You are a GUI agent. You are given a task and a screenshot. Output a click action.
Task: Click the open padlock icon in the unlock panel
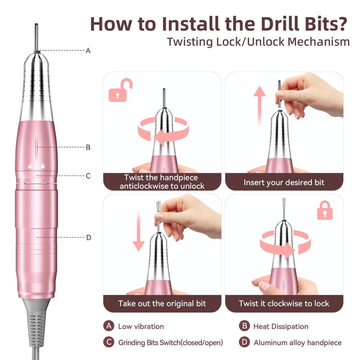[x=119, y=91]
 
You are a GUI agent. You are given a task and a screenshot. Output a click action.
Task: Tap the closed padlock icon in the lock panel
[x=324, y=210]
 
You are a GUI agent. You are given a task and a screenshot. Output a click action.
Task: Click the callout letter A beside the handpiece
[x=88, y=51]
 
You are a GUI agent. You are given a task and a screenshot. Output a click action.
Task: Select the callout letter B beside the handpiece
[x=88, y=148]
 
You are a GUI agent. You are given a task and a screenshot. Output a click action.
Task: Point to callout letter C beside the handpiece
[x=88, y=176]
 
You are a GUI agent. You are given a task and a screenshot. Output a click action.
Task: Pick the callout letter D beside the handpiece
[x=89, y=238]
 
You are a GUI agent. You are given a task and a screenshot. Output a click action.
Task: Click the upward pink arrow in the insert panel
[x=260, y=106]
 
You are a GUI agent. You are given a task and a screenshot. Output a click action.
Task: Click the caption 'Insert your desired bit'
[x=284, y=183]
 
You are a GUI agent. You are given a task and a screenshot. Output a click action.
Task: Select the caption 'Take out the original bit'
[x=162, y=303]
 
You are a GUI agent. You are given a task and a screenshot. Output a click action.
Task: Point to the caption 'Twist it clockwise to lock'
[x=284, y=303]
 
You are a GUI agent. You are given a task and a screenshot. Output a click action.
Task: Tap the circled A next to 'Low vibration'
[x=109, y=326]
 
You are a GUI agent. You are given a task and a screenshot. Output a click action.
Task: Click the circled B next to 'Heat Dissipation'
[x=244, y=326]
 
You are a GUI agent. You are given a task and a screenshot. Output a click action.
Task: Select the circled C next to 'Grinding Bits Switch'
[x=109, y=342]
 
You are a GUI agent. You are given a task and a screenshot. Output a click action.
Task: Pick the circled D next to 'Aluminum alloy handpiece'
[x=244, y=342]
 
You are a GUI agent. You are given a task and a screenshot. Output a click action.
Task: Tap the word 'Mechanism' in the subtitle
[x=319, y=42]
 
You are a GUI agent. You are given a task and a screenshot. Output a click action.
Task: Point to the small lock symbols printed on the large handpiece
[x=36, y=166]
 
